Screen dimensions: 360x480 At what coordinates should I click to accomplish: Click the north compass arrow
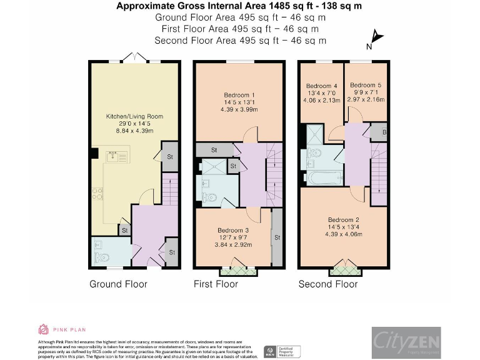(x=375, y=38)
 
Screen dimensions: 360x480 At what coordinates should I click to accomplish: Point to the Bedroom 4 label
(x=321, y=86)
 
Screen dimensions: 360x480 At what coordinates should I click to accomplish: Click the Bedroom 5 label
(x=366, y=85)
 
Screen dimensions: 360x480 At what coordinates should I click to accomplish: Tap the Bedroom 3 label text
(x=233, y=230)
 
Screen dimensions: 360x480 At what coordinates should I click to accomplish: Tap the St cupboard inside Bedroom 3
(x=277, y=237)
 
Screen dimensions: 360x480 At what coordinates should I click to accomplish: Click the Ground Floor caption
(x=118, y=284)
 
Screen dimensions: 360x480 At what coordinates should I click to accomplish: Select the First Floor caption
(x=216, y=284)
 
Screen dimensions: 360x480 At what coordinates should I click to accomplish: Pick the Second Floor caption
(x=328, y=284)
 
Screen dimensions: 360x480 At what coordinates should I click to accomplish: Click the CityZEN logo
(x=406, y=342)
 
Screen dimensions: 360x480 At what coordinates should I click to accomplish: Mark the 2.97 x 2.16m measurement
(x=366, y=99)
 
